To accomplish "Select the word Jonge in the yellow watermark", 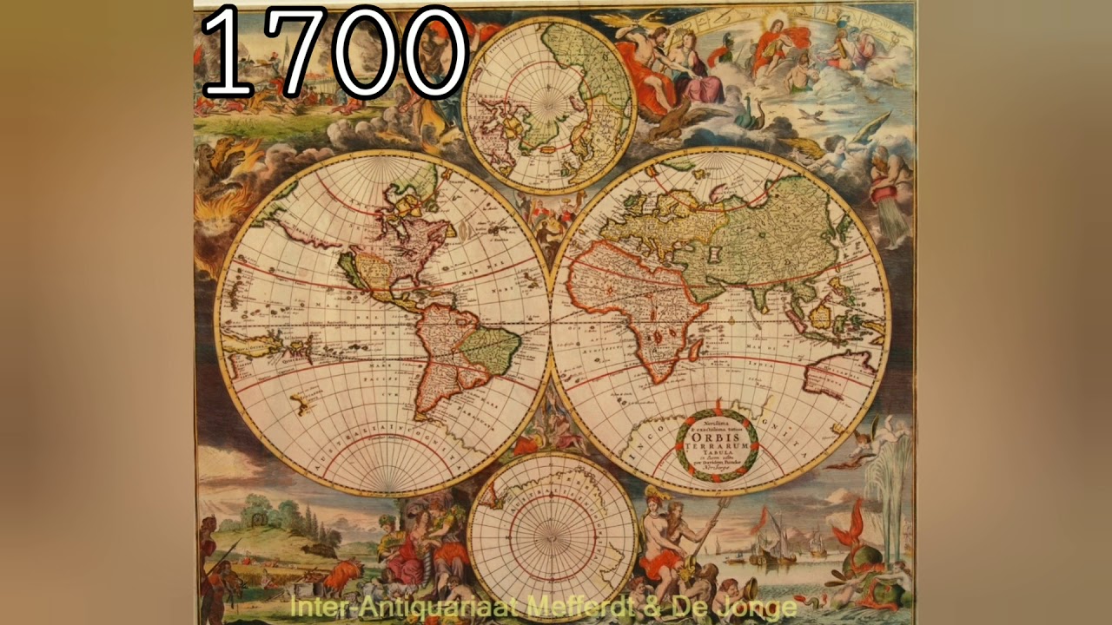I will click(760, 607).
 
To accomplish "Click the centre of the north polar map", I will click(548, 104).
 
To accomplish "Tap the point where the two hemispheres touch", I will click(550, 322).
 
